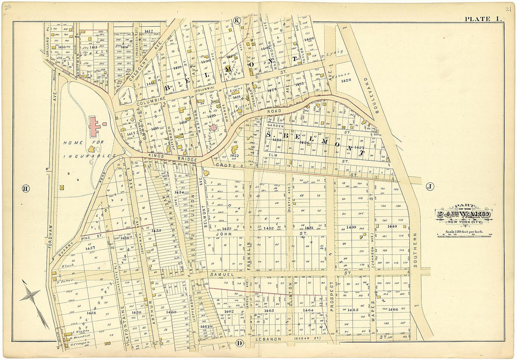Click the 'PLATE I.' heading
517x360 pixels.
[x=483, y=19]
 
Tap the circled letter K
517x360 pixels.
[x=237, y=20]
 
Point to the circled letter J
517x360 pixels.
[x=429, y=187]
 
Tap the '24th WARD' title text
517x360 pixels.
[x=464, y=215]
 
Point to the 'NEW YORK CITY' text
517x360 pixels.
[x=464, y=222]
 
